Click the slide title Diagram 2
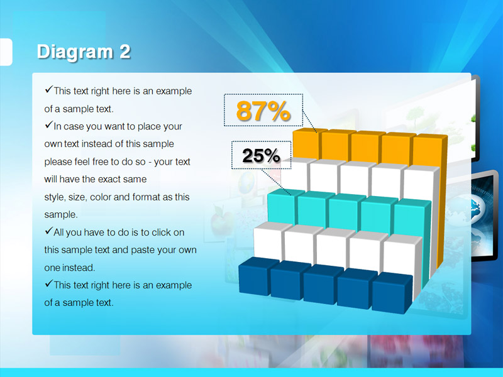pyautogui.click(x=84, y=52)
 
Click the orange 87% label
pyautogui.click(x=263, y=111)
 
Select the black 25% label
pyautogui.click(x=261, y=155)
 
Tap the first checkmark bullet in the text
pyautogui.click(x=49, y=89)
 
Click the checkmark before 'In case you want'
pyautogui.click(x=49, y=124)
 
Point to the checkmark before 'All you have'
pyautogui.click(x=49, y=231)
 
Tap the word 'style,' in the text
pyautogui.click(x=55, y=197)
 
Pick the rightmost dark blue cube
pyautogui.click(x=392, y=292)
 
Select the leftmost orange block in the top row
pyautogui.click(x=307, y=144)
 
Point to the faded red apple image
pyautogui.click(x=221, y=221)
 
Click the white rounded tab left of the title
pyautogui.click(x=6, y=52)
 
